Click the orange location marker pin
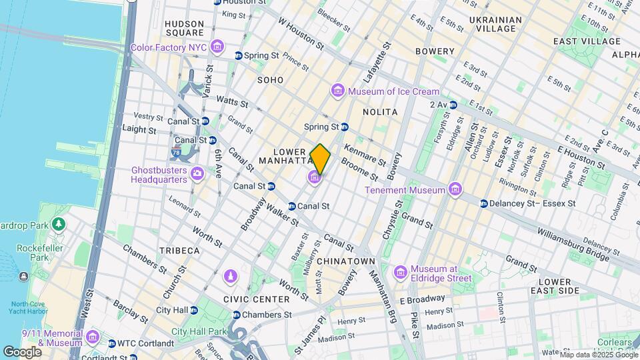click(320, 159)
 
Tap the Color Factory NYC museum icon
click(217, 47)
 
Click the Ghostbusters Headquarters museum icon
click(197, 174)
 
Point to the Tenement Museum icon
click(455, 190)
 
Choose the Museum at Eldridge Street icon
click(400, 272)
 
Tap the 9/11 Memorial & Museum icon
click(92, 337)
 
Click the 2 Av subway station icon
click(453, 105)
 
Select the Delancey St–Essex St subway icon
click(483, 203)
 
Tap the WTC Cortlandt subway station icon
click(111, 343)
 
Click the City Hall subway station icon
click(193, 310)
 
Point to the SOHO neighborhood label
click(270, 80)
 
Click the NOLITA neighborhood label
click(381, 112)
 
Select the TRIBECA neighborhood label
click(179, 251)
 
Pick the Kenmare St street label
click(364, 154)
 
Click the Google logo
click(22, 351)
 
